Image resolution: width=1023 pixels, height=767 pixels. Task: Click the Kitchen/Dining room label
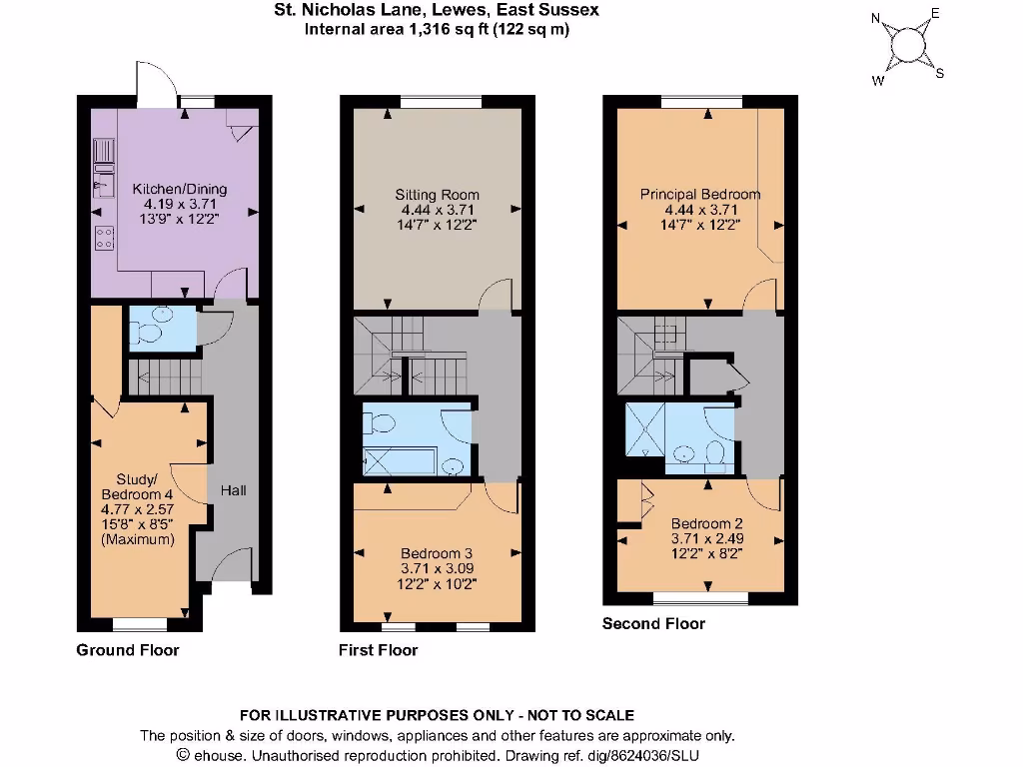(180, 189)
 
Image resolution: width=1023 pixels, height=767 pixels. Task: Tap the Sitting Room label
(437, 195)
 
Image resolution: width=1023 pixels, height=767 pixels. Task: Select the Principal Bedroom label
(700, 194)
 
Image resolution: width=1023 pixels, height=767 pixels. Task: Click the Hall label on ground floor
(234, 490)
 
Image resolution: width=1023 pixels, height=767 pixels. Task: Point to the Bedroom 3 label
(437, 553)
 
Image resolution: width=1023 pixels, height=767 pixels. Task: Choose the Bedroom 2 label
(706, 523)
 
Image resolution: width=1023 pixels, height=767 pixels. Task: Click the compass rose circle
(908, 45)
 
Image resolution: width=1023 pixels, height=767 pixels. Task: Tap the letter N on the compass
(876, 18)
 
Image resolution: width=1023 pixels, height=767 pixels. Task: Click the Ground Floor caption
(128, 650)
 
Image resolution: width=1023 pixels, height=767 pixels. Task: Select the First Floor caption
(378, 650)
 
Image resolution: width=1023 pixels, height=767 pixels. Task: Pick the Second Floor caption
(653, 624)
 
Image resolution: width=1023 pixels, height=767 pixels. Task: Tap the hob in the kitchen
(104, 239)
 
